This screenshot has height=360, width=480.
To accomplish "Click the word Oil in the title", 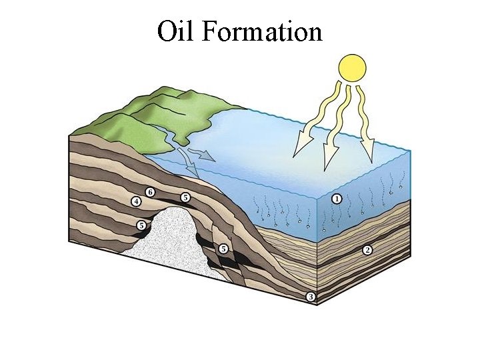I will [175, 31].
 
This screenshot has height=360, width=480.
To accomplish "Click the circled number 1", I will [337, 199].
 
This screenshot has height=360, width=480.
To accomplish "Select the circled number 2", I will [367, 250].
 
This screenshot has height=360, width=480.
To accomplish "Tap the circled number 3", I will [310, 297].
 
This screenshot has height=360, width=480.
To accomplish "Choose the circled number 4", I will [136, 201].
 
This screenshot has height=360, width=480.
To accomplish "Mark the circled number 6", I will [151, 192].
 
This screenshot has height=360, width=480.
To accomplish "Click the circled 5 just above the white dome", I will [185, 197].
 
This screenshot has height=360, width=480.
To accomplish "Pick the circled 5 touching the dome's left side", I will [141, 226].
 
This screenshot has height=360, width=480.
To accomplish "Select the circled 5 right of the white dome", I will [223, 249].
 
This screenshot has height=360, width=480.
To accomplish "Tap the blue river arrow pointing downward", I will [193, 170].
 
